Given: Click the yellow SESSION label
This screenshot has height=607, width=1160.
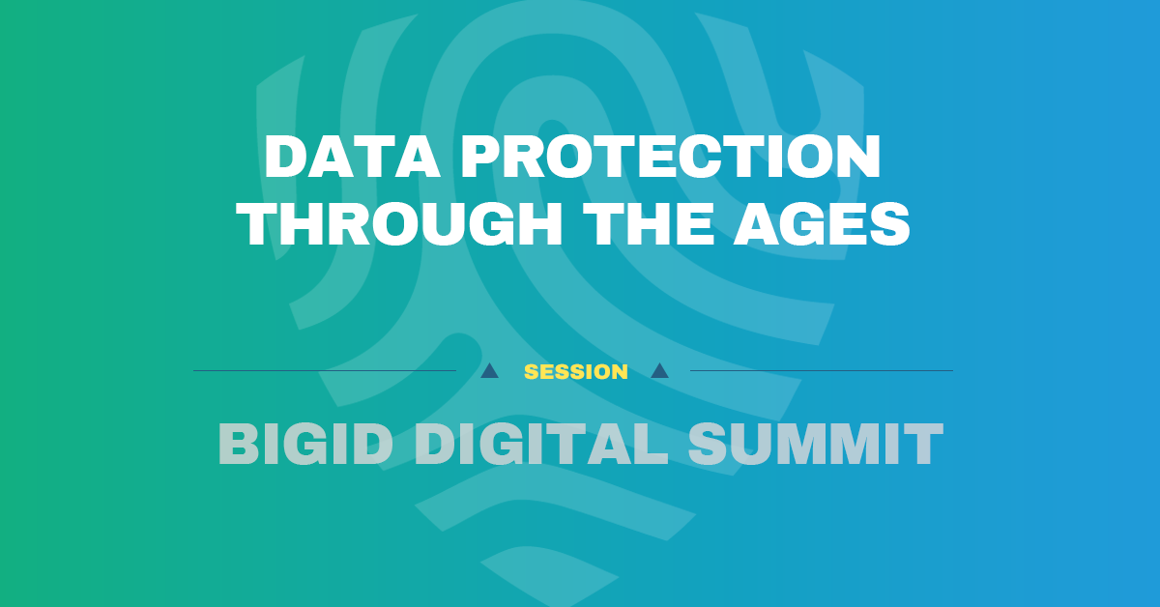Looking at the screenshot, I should point(576,371).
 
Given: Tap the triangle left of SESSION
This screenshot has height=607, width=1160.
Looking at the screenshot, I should point(490,370).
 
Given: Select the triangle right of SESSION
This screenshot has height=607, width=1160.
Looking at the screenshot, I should point(660,370).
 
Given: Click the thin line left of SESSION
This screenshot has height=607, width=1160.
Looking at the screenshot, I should point(324,370).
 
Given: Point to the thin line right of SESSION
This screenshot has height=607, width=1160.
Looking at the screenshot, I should point(822,370).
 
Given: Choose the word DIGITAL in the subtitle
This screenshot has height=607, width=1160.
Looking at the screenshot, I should point(540,445).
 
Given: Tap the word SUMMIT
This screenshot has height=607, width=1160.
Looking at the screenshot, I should point(816,445).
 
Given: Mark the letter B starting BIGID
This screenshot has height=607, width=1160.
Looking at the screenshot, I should point(237,445).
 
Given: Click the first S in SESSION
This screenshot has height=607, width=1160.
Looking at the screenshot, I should point(530,371).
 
